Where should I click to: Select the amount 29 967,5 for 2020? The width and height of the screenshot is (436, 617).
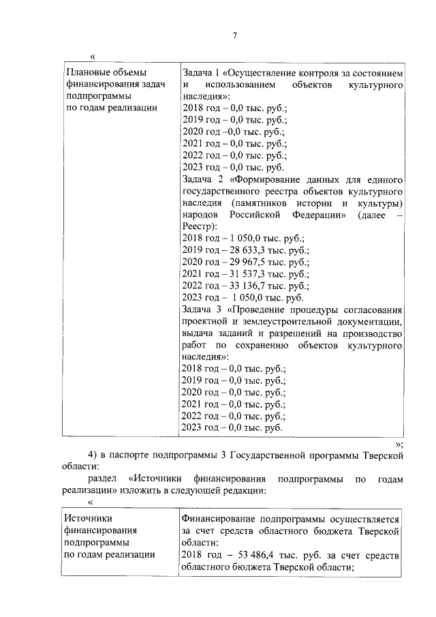coord(241,262)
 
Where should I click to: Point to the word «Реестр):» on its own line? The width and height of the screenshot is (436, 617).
coord(200,226)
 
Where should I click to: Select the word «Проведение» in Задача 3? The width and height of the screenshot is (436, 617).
coord(259,309)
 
